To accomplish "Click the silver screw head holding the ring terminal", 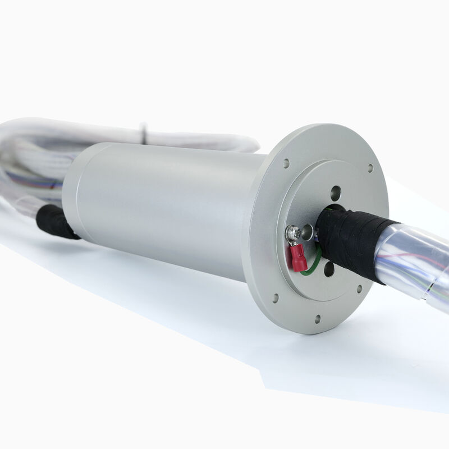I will tap(293, 232).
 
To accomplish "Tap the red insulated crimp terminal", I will tap(297, 257).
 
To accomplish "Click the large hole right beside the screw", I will tap(307, 230).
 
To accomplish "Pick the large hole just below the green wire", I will tap(329, 269).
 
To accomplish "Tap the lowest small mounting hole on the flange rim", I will tap(317, 319).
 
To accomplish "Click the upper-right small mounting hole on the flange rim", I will tap(370, 168).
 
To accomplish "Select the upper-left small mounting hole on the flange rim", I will tap(286, 163).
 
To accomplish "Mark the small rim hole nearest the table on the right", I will tap(359, 290).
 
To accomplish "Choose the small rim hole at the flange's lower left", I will tap(275, 298).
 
